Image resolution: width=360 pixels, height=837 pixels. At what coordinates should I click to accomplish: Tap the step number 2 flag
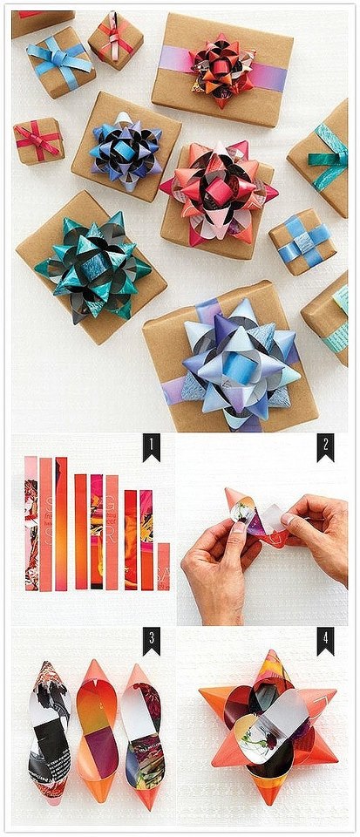324,448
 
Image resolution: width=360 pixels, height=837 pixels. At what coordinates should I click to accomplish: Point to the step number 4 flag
324,641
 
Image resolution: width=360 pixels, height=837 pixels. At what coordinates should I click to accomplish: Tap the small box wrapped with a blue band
302,241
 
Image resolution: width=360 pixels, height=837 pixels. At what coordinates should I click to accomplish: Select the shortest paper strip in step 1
163,566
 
